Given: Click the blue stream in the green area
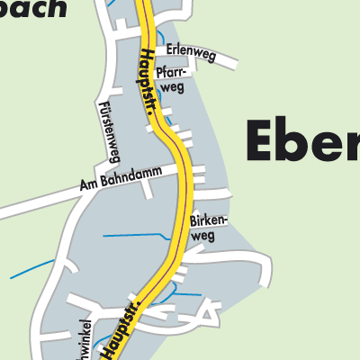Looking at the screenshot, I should pyautogui.click(x=31, y=269).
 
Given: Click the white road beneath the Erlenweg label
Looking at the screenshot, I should pyautogui.click(x=207, y=64).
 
